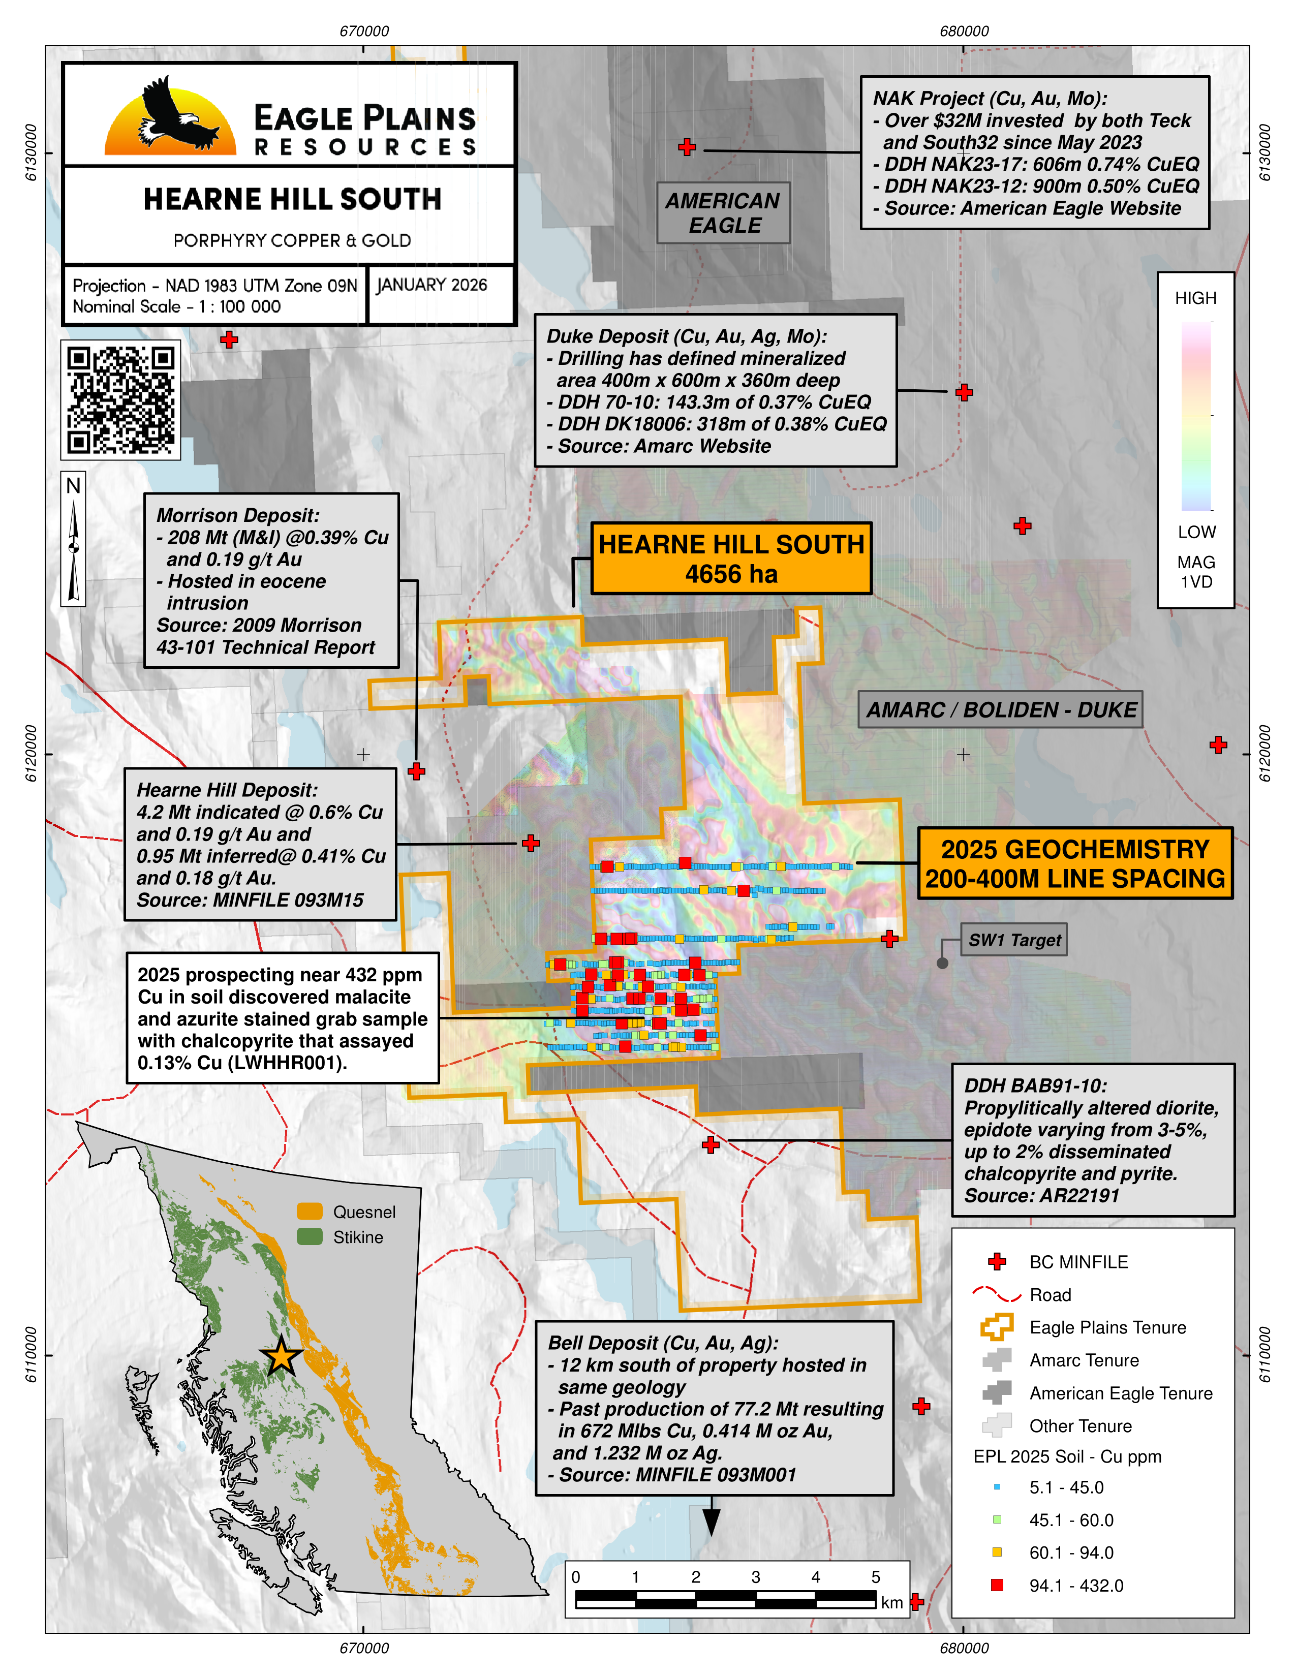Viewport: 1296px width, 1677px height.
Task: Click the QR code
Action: (x=120, y=400)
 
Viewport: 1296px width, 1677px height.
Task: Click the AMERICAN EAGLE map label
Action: (x=723, y=213)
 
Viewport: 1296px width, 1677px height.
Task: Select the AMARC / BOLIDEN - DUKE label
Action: (x=1000, y=709)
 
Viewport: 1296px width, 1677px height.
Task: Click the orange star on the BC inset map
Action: (x=282, y=1357)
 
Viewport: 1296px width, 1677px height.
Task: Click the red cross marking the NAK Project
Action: (x=687, y=147)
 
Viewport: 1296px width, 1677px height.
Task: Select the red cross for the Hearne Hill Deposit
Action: (x=531, y=843)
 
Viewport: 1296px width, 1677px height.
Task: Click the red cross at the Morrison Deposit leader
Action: (x=416, y=771)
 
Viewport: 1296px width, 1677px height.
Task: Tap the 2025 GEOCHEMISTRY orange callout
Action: (x=1075, y=863)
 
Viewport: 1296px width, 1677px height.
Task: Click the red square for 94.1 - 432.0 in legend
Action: (x=997, y=1585)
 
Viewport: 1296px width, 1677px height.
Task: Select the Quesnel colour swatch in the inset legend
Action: (x=310, y=1212)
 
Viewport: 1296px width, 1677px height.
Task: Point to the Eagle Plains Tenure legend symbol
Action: (x=997, y=1327)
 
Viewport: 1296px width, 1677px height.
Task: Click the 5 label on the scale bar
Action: (x=875, y=1577)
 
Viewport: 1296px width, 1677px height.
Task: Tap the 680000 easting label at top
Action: (x=964, y=32)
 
